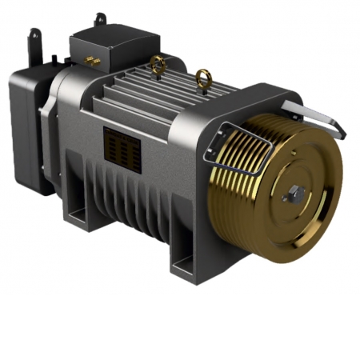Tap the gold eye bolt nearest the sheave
coord(202,80)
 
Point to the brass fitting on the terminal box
coord(89,61)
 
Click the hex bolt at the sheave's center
coord(294,192)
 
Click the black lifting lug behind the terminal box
coord(99,19)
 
